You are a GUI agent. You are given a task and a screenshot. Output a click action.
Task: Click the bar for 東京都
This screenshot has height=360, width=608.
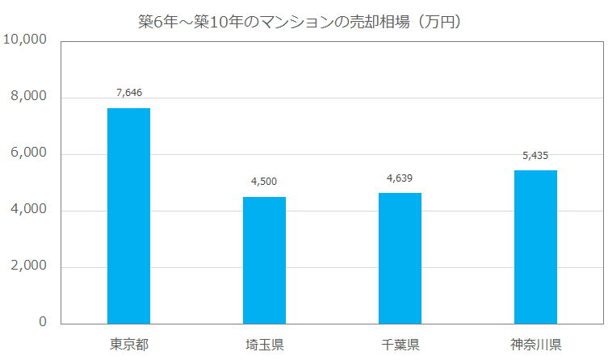point(128,216)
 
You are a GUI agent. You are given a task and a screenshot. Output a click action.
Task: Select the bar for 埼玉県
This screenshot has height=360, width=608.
point(264,260)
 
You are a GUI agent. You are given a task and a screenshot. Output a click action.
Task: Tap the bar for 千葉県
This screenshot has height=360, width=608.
point(400,258)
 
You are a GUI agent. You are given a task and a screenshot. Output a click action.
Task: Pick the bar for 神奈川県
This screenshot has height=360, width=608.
point(535,247)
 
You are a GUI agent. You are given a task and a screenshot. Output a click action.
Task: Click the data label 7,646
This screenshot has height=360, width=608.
point(128,93)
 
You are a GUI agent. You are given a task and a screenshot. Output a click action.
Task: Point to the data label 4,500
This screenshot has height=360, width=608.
point(264,182)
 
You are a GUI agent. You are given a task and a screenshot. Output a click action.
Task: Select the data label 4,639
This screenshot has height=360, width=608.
point(400,178)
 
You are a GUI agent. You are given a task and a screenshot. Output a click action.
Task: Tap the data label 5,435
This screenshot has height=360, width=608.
point(535,155)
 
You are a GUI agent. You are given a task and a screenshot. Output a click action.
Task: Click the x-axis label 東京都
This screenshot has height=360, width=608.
point(128,345)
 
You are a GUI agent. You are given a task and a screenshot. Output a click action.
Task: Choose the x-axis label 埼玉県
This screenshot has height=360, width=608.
point(264,345)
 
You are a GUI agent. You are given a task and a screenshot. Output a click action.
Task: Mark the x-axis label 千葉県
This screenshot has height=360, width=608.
point(400,345)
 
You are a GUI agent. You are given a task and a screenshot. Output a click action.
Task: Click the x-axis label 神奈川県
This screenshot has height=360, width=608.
point(535,345)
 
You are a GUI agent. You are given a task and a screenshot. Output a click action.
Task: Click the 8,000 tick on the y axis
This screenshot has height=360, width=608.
point(29,96)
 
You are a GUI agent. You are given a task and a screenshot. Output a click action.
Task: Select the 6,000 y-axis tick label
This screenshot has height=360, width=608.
point(29,153)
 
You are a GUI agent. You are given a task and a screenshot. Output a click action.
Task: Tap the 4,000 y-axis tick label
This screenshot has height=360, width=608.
point(29,209)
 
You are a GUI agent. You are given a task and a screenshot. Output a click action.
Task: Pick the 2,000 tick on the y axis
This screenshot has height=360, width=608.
point(29,266)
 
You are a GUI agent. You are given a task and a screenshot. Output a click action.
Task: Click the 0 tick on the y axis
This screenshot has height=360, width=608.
point(43,322)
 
